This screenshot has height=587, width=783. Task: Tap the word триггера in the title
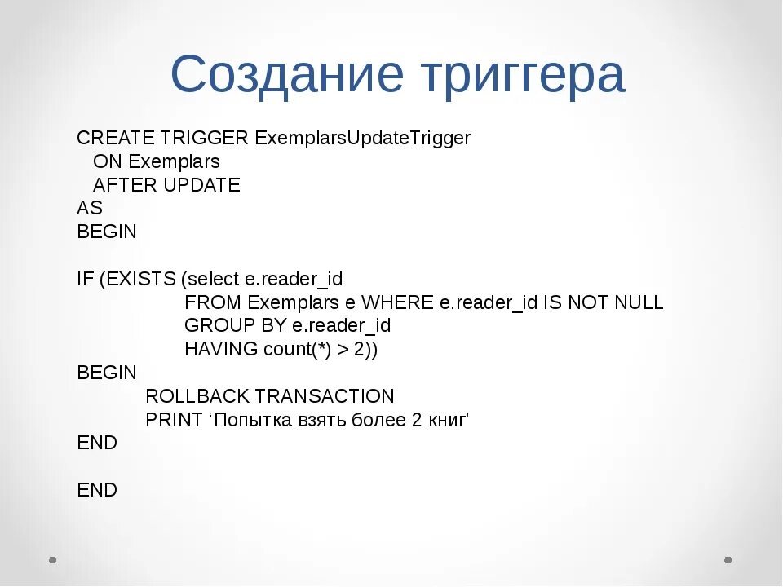[x=521, y=77]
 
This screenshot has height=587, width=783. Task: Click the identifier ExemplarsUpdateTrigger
[x=363, y=139]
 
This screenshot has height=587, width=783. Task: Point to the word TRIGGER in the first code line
[x=205, y=139]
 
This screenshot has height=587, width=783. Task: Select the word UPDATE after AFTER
[x=201, y=185]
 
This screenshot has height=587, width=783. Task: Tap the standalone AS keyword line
[x=89, y=208]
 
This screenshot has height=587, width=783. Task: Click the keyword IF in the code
[x=85, y=280]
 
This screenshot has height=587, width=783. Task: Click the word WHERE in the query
[x=398, y=302]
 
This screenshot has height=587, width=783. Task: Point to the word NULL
[x=639, y=302]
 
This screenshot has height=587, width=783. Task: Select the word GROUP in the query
[x=215, y=326]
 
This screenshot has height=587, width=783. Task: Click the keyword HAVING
[x=221, y=350]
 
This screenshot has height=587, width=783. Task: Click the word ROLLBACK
[x=197, y=397]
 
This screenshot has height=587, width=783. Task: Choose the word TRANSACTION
[x=325, y=397]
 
